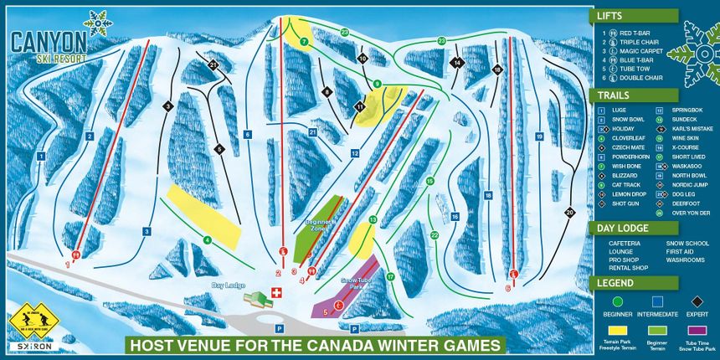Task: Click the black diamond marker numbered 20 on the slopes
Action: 569,213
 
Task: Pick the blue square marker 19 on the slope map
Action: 540,136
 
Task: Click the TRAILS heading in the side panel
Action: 615,95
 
